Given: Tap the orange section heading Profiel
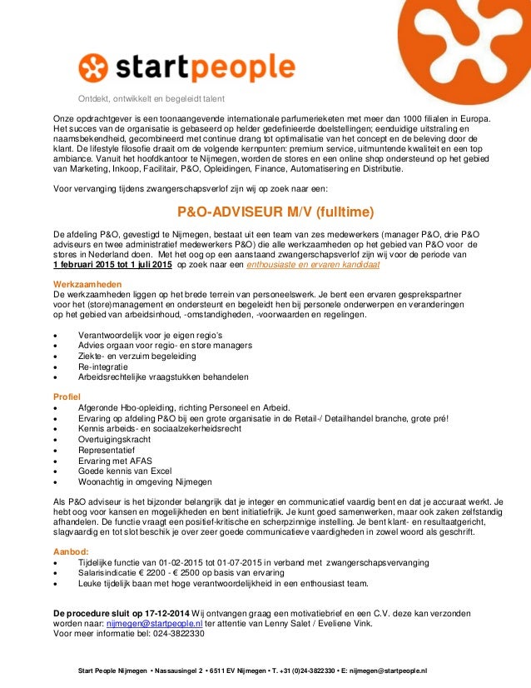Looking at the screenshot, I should click(67, 395).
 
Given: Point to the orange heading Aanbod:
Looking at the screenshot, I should click(72, 551).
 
